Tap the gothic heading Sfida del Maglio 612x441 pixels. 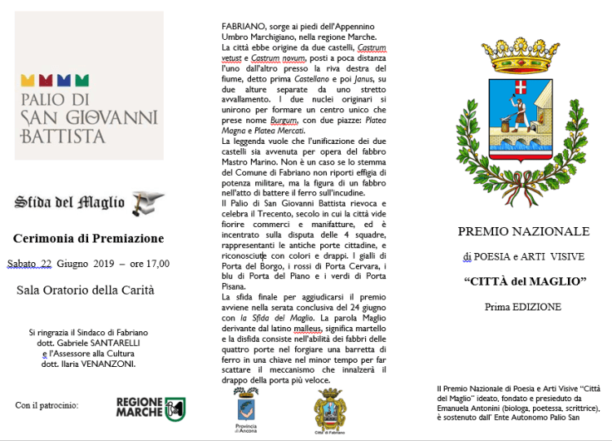[70, 202]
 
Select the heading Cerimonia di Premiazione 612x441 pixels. [89, 239]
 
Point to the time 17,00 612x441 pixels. [156, 264]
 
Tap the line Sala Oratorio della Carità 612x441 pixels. [85, 290]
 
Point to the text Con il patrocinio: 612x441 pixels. [47, 405]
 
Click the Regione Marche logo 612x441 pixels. [151, 408]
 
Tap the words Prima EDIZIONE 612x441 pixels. [523, 307]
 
